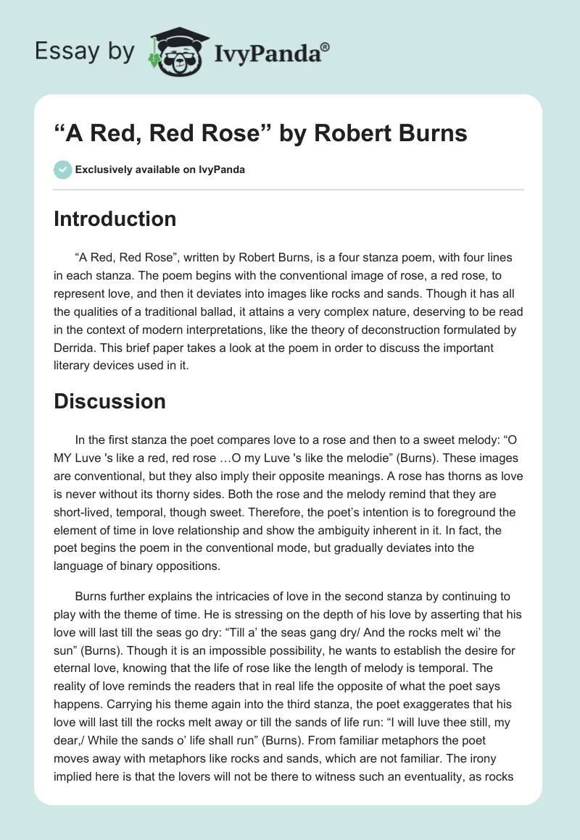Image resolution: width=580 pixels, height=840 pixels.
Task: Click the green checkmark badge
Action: click(62, 169)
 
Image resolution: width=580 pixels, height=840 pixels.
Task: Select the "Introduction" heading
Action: click(115, 219)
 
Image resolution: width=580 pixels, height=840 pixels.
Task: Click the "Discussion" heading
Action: click(109, 400)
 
